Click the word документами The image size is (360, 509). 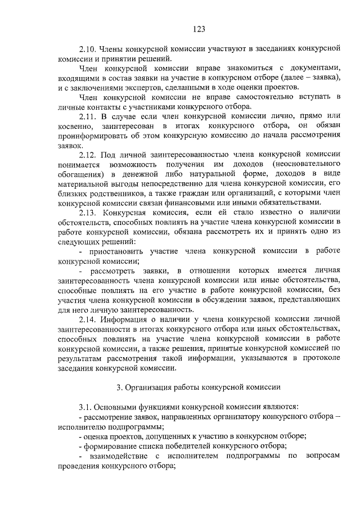pos(314,67)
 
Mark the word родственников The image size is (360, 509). pos(118,192)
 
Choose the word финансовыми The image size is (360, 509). pos(222,202)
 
